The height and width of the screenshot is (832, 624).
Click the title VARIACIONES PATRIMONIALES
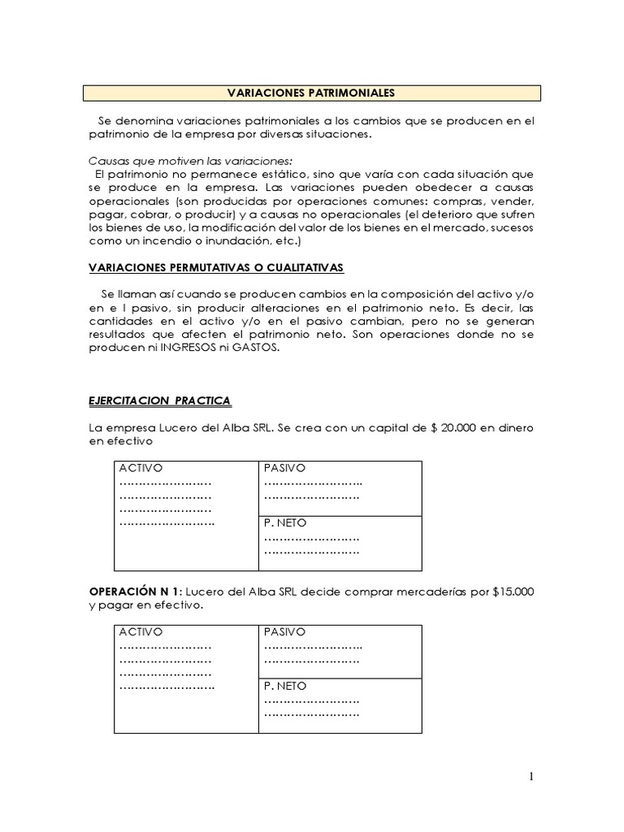(312, 93)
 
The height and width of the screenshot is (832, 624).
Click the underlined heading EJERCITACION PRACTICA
(158, 401)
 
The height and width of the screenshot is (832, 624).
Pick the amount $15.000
(513, 591)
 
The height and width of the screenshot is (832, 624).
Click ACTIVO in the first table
(141, 468)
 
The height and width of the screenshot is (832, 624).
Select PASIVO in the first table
(284, 468)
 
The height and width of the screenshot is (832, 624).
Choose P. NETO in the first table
(285, 522)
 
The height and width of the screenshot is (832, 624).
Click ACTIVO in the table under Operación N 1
(141, 631)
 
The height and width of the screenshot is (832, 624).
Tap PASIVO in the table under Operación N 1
(284, 631)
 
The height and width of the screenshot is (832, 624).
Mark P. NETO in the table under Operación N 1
(285, 686)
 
